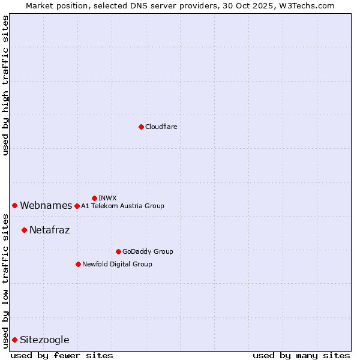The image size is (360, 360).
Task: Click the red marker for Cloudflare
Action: click(141, 127)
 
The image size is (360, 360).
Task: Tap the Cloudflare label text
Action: click(161, 127)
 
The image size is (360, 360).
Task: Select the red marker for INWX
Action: click(94, 198)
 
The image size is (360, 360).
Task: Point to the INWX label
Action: click(107, 198)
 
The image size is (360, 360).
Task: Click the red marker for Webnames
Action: click(14, 205)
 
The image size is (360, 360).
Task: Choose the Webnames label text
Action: click(46, 206)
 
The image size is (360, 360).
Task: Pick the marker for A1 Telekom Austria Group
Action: click(77, 206)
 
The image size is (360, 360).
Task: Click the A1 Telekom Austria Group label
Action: click(122, 206)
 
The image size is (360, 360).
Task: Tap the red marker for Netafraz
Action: click(24, 230)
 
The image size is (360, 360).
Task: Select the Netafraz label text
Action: click(49, 230)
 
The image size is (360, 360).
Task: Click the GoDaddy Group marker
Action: click(118, 251)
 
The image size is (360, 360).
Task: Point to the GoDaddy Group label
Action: click(148, 251)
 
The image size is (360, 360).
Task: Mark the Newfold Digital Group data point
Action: click(78, 264)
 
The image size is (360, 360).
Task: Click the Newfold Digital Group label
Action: click(117, 264)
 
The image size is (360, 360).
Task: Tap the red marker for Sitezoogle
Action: click(14, 340)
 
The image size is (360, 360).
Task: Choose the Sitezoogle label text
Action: click(44, 340)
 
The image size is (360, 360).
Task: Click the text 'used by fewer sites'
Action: click(62, 355)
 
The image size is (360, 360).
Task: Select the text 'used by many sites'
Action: click(301, 355)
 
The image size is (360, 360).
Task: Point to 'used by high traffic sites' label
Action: click(5, 85)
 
